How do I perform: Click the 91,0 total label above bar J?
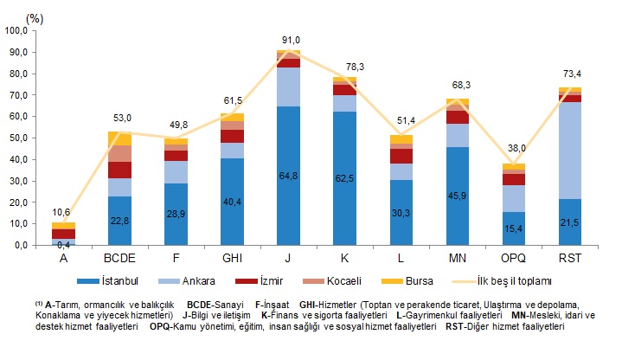click(291, 40)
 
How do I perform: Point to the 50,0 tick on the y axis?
click(18, 138)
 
